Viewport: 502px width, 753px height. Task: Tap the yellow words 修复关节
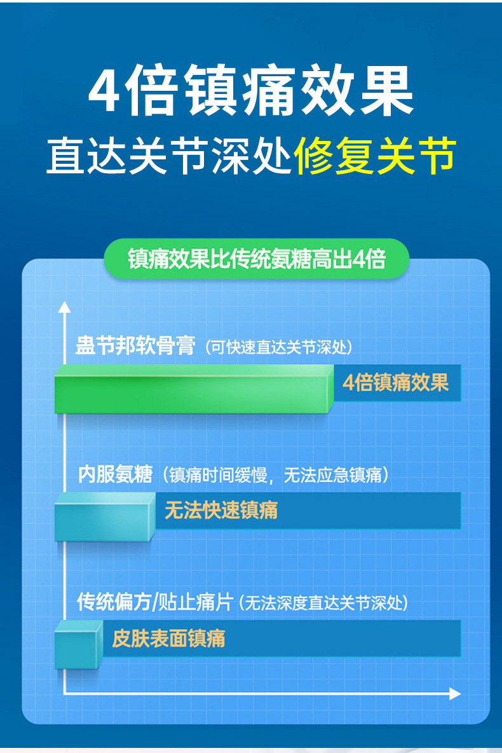point(375,156)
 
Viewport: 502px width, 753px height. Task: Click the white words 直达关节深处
point(169,156)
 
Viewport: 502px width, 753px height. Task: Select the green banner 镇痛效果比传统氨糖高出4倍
point(256,259)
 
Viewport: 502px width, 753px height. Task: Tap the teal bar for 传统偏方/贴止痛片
point(79,644)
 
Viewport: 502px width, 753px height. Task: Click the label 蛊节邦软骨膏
point(135,347)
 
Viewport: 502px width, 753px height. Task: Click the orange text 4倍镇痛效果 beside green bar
point(395,382)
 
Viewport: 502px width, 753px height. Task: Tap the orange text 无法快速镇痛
point(221,510)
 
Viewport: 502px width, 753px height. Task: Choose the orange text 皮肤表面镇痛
point(168,637)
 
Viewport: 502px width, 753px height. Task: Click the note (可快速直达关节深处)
point(278,347)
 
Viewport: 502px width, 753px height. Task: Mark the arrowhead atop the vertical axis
point(64,307)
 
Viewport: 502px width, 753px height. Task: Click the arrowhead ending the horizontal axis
point(454,693)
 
